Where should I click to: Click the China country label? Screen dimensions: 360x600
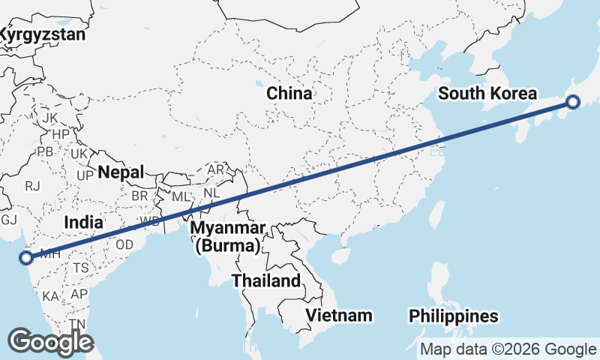289,94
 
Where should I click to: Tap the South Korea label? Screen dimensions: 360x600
487,94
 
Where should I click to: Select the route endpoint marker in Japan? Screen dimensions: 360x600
573,102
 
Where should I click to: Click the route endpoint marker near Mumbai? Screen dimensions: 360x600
26,258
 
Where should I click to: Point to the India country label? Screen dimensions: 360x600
83,222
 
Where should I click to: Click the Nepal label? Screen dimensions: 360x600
120,172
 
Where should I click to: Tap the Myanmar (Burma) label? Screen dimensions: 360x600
227,236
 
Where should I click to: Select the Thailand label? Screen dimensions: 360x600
265,281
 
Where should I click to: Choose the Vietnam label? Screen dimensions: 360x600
337,315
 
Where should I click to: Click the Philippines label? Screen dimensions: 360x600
454,316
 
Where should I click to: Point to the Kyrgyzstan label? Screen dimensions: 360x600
42,34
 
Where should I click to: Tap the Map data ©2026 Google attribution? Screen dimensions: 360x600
508,349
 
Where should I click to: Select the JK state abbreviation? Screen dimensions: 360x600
49,118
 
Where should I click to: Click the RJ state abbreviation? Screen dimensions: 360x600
32,185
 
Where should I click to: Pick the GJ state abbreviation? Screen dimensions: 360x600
9,220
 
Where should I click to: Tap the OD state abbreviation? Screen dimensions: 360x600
124,245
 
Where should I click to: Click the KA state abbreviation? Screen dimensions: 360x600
50,296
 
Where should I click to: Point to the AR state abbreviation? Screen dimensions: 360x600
215,169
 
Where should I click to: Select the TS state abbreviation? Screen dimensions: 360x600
81,268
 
